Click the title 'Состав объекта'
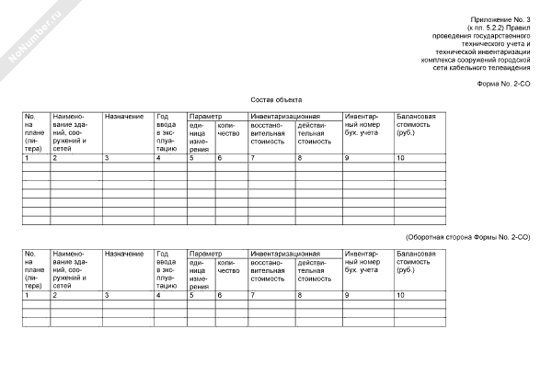[276, 99]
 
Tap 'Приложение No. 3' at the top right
[505, 19]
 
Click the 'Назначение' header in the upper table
[124, 117]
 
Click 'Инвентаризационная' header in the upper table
[284, 117]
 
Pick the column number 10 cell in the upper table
[400, 159]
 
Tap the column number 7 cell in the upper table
[253, 159]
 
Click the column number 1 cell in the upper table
[28, 159]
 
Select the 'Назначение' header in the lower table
[124, 253]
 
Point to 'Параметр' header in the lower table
[205, 253]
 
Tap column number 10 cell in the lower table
[400, 295]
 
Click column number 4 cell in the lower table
[159, 295]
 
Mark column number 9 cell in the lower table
[347, 295]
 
